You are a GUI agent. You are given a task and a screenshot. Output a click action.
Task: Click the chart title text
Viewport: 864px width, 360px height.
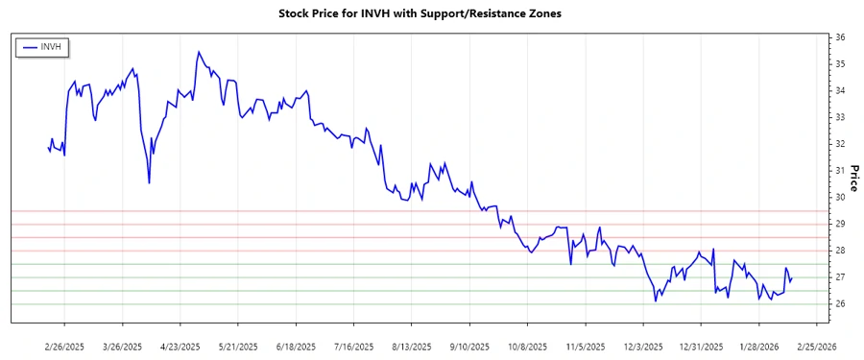[x=432, y=14]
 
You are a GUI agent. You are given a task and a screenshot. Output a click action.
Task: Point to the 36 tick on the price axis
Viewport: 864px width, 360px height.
[x=840, y=36]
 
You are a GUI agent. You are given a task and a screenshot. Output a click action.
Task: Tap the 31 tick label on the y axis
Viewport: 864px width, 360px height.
[x=840, y=170]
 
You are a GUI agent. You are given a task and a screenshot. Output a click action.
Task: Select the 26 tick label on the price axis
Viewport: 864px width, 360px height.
[x=840, y=303]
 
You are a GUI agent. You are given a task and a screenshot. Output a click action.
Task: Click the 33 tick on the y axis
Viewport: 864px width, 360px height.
[x=840, y=117]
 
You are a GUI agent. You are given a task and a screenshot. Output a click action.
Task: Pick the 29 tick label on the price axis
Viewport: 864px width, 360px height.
[x=840, y=224]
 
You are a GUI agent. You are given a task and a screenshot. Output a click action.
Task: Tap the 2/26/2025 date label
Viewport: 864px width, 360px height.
[x=64, y=346]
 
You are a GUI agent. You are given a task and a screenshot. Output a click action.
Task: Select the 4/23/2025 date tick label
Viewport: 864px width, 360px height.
[x=180, y=346]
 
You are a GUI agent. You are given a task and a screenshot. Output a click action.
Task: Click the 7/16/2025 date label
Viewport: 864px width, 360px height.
[x=354, y=346]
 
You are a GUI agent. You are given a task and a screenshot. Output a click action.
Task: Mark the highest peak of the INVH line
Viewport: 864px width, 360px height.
[x=198, y=52]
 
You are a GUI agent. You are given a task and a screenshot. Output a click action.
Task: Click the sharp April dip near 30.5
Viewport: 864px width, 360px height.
[x=149, y=182]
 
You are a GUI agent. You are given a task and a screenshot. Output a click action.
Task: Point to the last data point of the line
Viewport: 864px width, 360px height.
[x=792, y=277]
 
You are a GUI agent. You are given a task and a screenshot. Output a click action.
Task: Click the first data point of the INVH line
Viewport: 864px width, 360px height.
[x=47, y=148]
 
